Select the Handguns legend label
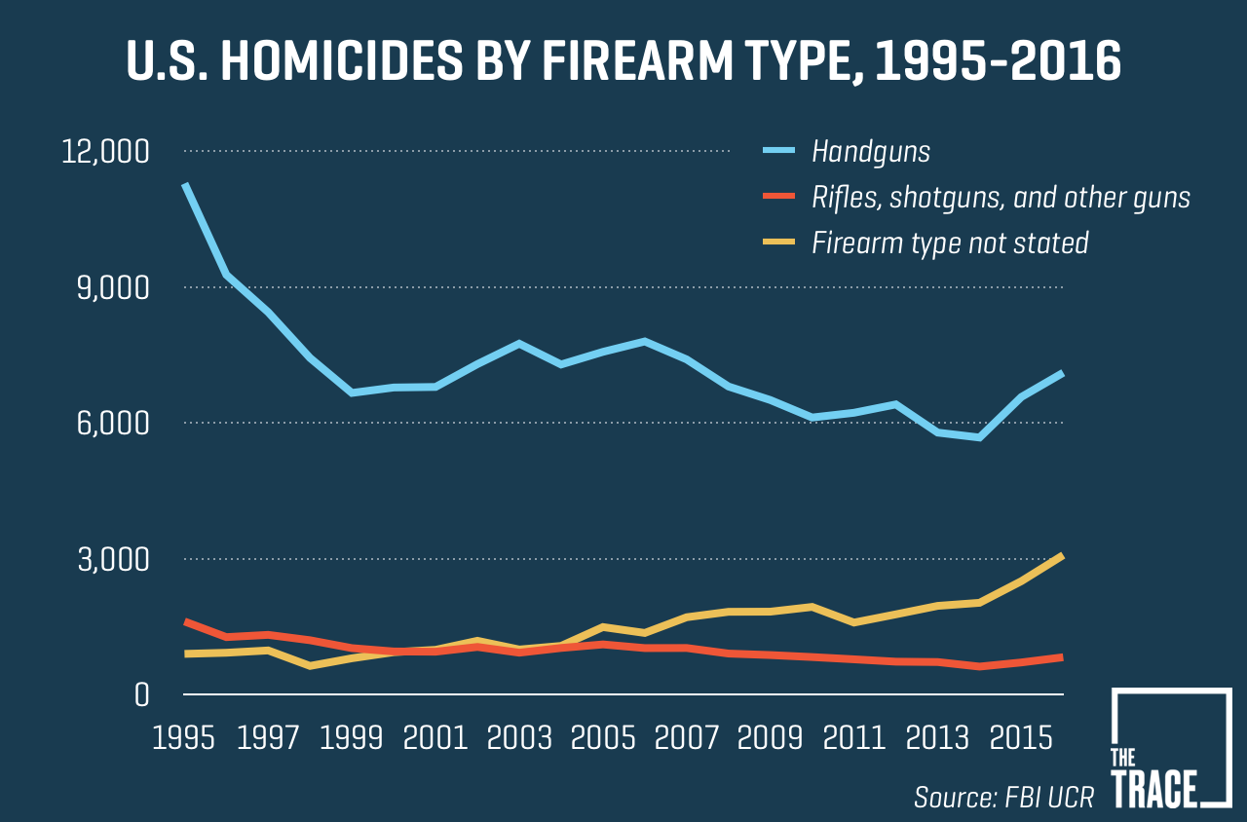871,152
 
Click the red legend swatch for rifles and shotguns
779,198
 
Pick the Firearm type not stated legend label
950,243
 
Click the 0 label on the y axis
141,695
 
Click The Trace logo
1170,748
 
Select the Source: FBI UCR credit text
1003,797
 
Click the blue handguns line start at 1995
184,185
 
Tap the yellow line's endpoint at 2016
1062,556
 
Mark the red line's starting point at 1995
184,621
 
